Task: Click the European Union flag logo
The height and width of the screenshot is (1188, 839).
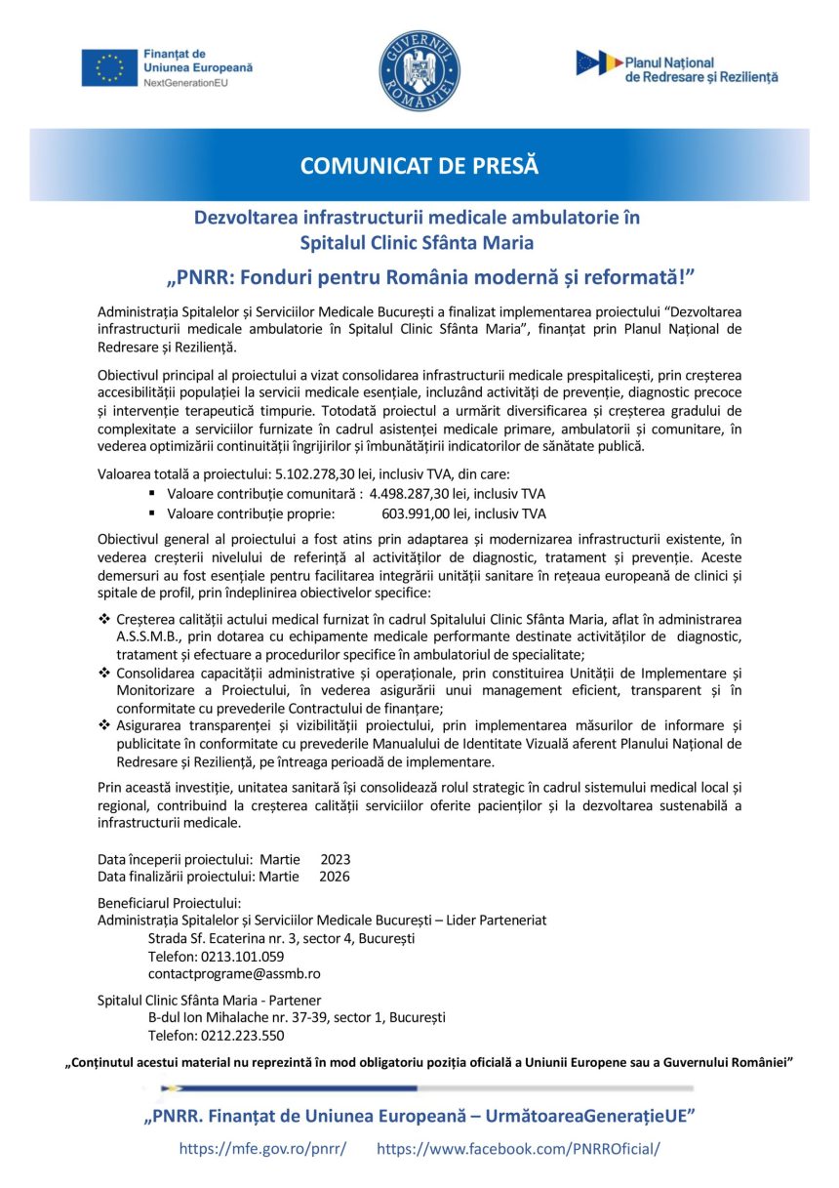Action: click(x=110, y=67)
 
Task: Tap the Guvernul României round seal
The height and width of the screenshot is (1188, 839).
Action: click(x=419, y=70)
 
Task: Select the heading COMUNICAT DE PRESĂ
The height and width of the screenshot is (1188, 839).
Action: click(x=419, y=165)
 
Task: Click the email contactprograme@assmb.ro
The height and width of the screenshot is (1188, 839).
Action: click(x=234, y=973)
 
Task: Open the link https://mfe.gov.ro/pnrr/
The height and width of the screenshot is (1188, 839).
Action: click(x=262, y=1148)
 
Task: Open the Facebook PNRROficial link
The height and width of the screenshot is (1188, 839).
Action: click(x=518, y=1148)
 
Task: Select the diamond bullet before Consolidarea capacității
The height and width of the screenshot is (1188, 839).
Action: click(x=104, y=674)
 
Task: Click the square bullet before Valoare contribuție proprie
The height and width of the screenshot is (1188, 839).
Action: click(x=152, y=513)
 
